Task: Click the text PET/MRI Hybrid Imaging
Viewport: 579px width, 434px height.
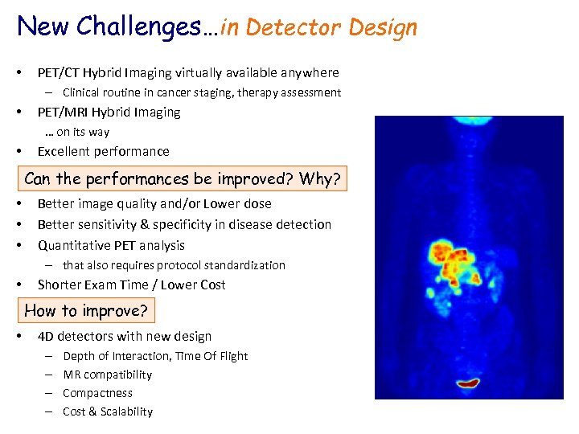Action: coord(109,112)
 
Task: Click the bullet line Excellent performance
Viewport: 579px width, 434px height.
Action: coord(103,151)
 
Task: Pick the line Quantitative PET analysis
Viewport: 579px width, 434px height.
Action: coord(111,245)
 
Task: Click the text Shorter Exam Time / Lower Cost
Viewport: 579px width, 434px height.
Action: coord(131,285)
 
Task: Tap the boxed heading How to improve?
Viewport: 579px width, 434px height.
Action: coord(86,310)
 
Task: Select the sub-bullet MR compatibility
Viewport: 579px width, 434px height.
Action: coord(107,375)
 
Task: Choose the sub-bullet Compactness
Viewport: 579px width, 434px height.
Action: coord(97,393)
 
